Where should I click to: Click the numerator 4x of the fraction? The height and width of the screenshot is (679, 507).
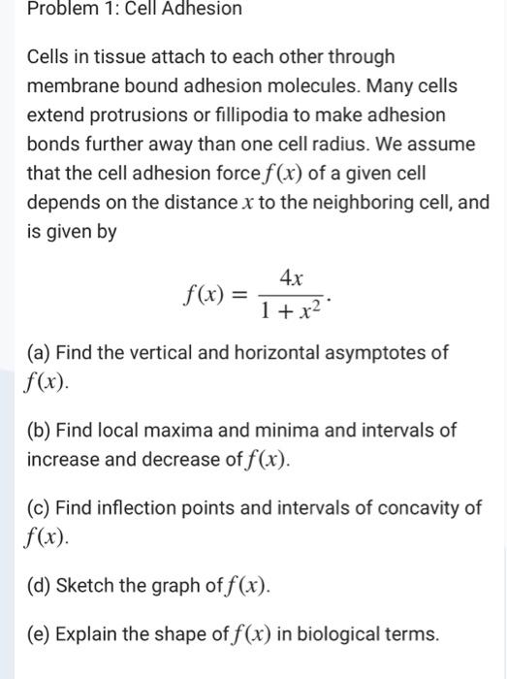[292, 276]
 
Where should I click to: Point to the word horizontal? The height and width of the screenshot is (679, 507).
[253, 352]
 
